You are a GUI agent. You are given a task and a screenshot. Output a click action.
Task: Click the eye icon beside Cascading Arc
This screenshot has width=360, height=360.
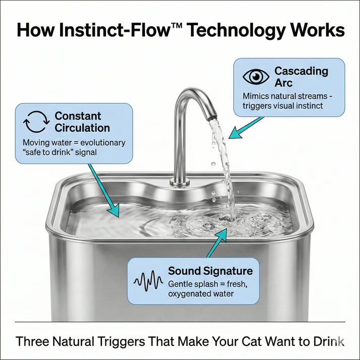(x=256, y=77)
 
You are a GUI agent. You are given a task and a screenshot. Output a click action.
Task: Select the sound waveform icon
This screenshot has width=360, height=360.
(x=148, y=280)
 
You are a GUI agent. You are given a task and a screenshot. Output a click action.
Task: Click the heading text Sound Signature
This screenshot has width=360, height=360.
(x=210, y=271)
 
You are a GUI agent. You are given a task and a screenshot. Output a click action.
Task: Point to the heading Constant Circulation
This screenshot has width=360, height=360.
(x=82, y=122)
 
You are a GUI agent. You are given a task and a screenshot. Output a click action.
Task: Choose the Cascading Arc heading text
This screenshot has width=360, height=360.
(x=301, y=77)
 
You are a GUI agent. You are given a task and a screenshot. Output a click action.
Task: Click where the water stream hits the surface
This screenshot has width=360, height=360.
(x=233, y=220)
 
